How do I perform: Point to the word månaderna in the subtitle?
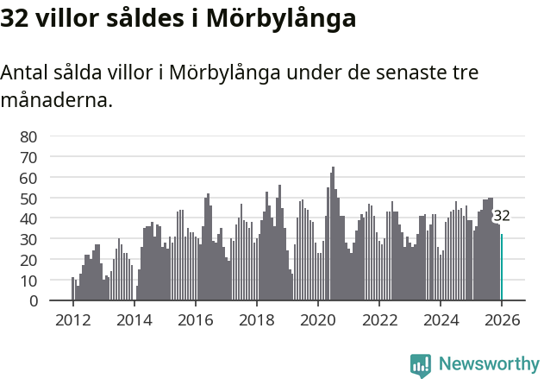57,101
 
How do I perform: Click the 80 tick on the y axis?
28,136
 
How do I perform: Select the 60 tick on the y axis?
28,178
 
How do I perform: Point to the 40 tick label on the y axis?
28,218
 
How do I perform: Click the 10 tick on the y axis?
28,281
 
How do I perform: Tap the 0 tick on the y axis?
33,301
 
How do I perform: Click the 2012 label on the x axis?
72,320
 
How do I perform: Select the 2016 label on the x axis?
195,320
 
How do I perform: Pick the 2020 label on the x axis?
318,320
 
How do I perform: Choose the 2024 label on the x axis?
441,320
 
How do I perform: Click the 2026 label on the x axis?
502,320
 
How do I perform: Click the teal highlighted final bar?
502,268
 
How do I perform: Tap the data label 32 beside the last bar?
502,217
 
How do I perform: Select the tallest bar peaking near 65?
333,233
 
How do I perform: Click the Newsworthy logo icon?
421,364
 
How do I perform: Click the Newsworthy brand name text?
488,364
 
